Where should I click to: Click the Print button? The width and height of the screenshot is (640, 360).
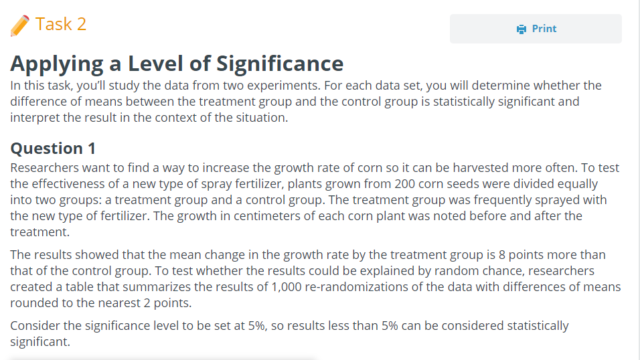point(536,29)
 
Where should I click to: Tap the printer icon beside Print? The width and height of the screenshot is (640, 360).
point(522,29)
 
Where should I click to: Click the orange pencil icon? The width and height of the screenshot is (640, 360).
point(20,25)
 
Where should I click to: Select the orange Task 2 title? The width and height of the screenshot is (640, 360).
point(61,24)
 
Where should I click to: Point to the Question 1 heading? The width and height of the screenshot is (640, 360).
point(53,148)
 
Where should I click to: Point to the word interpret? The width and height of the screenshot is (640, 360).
point(37,117)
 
